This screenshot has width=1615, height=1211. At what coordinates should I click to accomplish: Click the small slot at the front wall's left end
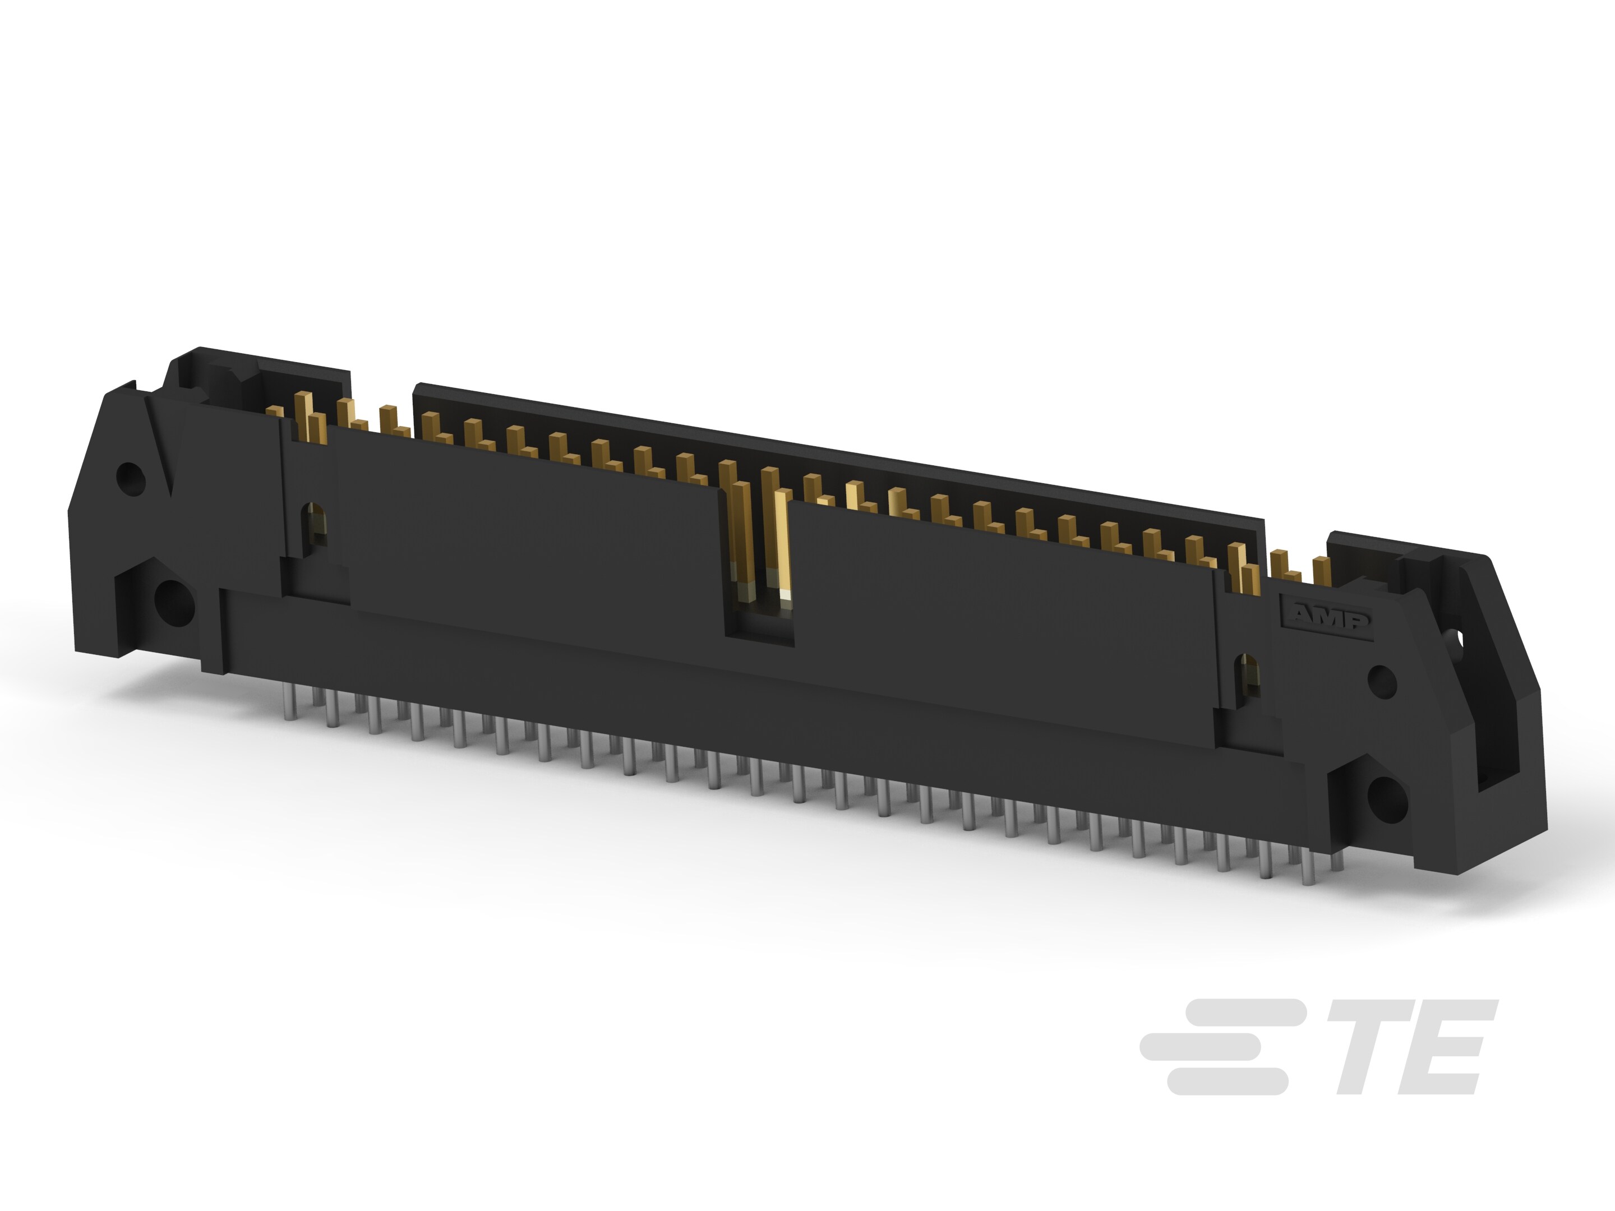[x=315, y=524]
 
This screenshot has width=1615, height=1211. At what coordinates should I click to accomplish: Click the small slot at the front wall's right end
[x=1248, y=680]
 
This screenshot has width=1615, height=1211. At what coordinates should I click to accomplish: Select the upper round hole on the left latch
[x=131, y=478]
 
